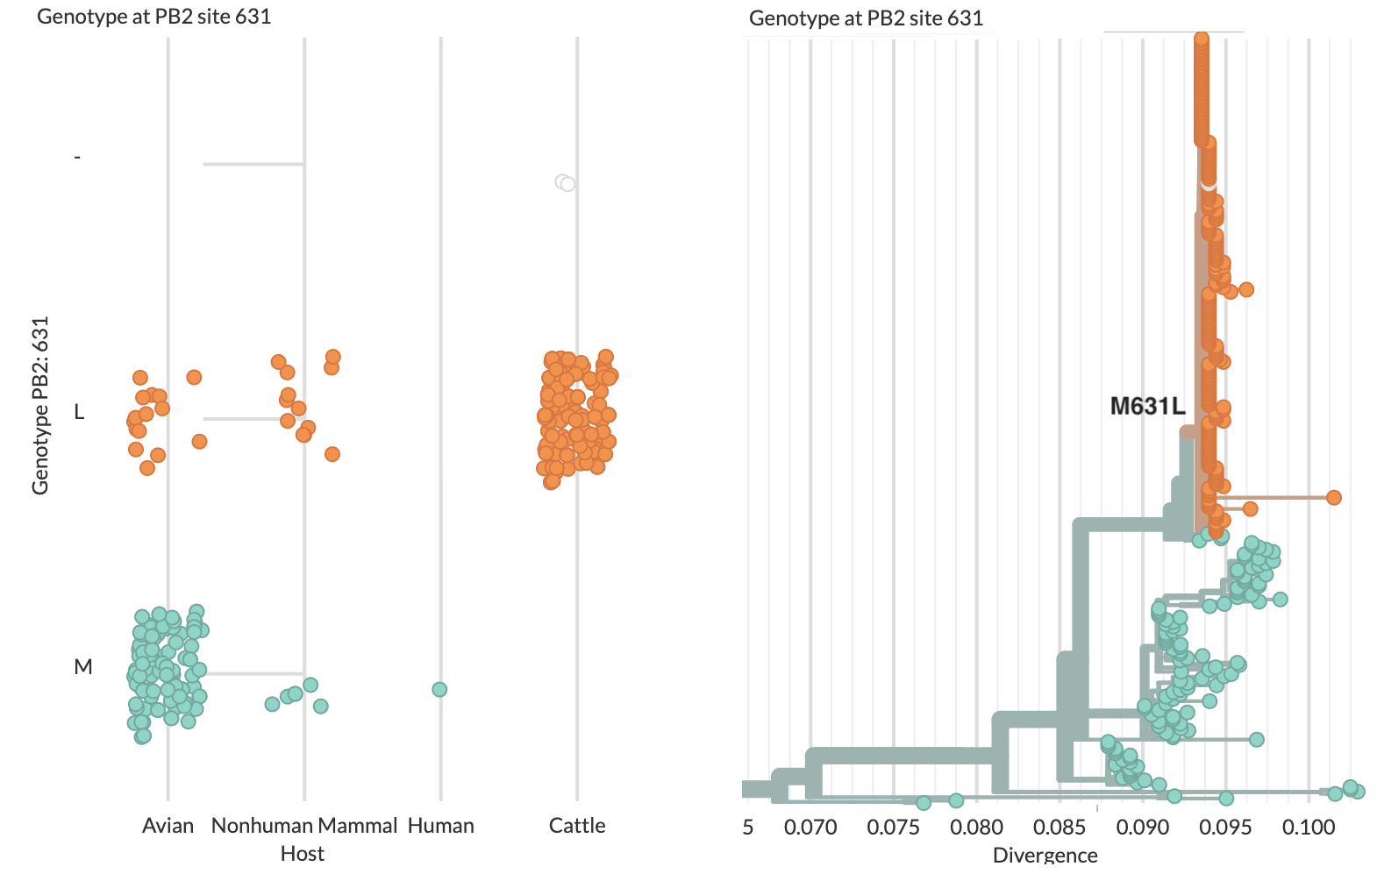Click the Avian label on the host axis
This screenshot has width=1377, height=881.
click(x=168, y=826)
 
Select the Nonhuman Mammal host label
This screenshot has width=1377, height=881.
click(x=303, y=826)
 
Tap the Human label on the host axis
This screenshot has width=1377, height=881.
click(x=440, y=826)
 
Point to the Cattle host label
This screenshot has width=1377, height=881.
click(x=576, y=826)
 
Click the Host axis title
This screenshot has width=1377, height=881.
click(x=302, y=854)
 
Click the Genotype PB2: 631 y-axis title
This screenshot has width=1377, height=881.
click(x=40, y=406)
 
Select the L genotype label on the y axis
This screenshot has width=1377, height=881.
click(x=79, y=412)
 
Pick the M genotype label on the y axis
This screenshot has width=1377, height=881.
click(x=82, y=667)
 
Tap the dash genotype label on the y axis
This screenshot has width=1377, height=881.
click(x=77, y=158)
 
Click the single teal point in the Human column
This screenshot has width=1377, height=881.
click(x=439, y=690)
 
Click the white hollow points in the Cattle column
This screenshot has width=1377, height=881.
click(x=566, y=183)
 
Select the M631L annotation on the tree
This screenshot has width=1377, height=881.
click(x=1147, y=406)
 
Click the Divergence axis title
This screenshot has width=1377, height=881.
click(x=1045, y=855)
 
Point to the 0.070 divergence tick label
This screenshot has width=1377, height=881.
click(x=810, y=827)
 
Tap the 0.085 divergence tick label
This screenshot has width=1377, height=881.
click(x=1060, y=827)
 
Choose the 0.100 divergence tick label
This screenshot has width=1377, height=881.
click(x=1309, y=827)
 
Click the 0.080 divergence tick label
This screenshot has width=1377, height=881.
click(x=976, y=827)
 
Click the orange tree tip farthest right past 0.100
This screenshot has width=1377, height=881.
click(x=1333, y=498)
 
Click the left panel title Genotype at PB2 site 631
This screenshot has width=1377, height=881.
click(x=154, y=17)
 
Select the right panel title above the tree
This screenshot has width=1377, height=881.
click(x=866, y=18)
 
